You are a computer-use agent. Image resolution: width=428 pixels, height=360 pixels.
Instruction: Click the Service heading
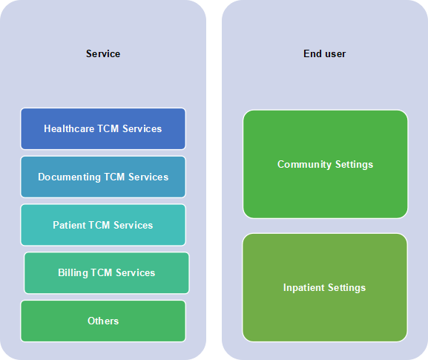(x=103, y=53)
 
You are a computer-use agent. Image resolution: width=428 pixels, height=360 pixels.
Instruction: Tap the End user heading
(x=325, y=53)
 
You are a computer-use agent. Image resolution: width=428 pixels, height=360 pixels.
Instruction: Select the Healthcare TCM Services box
(x=103, y=128)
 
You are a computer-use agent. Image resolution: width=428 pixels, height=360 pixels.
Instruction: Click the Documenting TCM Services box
(x=103, y=177)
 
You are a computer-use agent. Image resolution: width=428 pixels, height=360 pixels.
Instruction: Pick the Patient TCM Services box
(x=103, y=225)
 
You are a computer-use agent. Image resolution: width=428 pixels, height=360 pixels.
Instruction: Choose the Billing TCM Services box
(x=107, y=273)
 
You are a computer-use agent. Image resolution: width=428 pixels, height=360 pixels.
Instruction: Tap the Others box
(x=103, y=321)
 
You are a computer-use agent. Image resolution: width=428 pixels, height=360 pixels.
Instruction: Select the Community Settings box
(x=326, y=164)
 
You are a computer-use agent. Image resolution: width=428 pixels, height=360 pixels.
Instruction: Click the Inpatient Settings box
(x=325, y=287)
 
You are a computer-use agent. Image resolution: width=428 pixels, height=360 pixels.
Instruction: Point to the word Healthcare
(x=69, y=128)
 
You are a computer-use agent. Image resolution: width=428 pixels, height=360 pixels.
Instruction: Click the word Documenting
(x=69, y=177)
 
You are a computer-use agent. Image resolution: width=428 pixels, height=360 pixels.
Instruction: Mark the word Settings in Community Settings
(x=354, y=165)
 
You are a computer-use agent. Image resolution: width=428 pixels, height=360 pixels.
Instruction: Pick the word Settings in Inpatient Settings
(x=346, y=288)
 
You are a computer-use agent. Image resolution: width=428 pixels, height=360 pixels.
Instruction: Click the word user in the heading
(x=335, y=54)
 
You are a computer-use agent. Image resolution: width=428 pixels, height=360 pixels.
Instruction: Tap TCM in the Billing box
(x=102, y=272)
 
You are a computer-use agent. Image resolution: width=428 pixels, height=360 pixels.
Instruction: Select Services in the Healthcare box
(x=142, y=128)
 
